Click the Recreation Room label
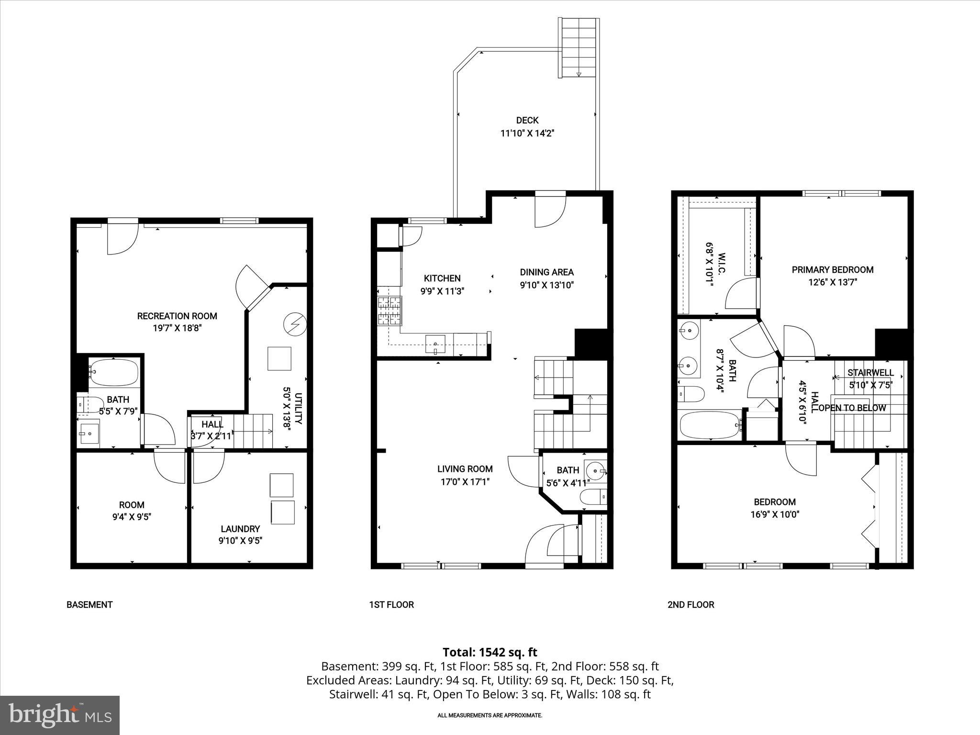(177, 316)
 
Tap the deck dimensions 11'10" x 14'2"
(527, 133)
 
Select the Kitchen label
(442, 278)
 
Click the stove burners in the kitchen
(390, 311)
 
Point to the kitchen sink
(435, 344)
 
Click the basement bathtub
(114, 373)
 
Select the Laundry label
(240, 529)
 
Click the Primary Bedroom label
(832, 270)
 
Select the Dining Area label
(546, 272)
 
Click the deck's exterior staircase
(579, 48)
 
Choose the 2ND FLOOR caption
(690, 604)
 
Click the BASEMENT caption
(89, 604)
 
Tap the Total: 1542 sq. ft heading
(490, 652)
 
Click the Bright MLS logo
(60, 715)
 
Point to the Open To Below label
(852, 408)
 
